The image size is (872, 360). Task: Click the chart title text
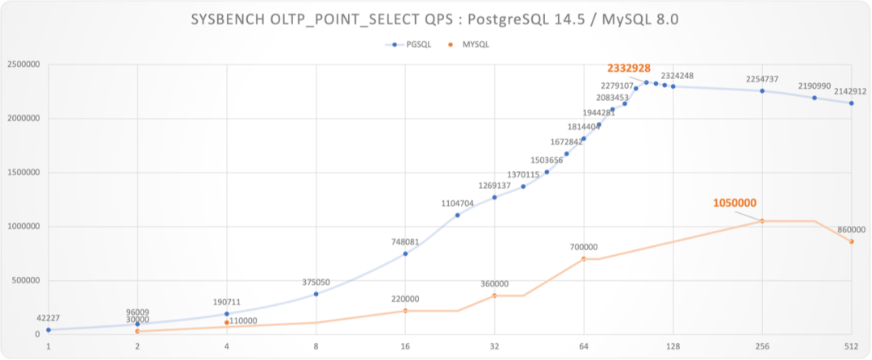(x=436, y=20)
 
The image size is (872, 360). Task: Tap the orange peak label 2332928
(x=628, y=69)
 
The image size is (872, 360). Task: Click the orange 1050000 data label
(x=735, y=203)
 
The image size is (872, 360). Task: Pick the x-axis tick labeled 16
(x=405, y=347)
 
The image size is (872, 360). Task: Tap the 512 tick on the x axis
(x=851, y=347)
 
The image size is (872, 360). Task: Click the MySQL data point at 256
(x=761, y=220)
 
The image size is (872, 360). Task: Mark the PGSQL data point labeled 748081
(x=405, y=253)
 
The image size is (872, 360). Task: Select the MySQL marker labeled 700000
(x=584, y=258)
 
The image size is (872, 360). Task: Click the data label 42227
(x=48, y=317)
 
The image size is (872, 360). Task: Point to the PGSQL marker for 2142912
(x=851, y=103)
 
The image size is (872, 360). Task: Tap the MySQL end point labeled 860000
(x=851, y=241)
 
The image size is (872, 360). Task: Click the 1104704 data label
(x=461, y=204)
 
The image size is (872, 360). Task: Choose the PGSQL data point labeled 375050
(x=316, y=294)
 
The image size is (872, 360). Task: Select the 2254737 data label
(x=761, y=79)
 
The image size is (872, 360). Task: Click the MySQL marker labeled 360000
(x=494, y=295)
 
